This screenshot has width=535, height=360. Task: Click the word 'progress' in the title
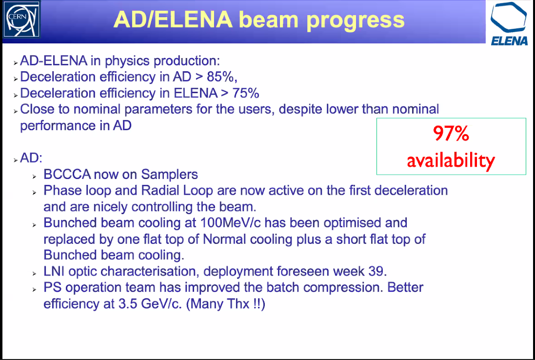(x=356, y=20)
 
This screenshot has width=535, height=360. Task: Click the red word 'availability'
(x=451, y=160)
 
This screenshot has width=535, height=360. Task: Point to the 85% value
(x=222, y=77)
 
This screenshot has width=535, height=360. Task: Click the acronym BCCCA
(x=67, y=174)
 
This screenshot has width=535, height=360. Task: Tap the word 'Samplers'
(x=170, y=175)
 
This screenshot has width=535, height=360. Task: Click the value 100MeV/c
(x=229, y=223)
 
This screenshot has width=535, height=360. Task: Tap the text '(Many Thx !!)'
(x=225, y=304)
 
